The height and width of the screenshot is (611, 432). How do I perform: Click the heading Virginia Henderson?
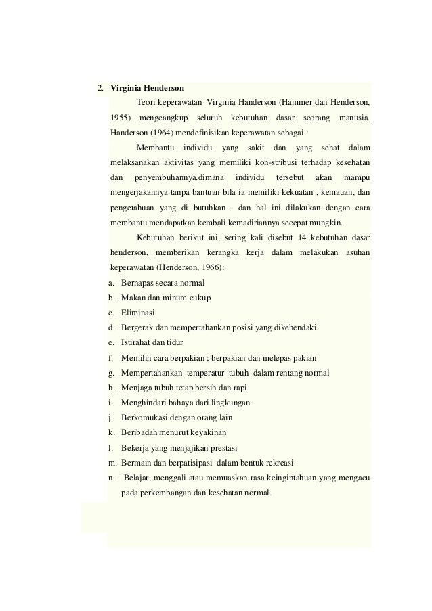[x=146, y=89]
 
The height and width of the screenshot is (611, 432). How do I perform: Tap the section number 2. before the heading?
[x=100, y=89]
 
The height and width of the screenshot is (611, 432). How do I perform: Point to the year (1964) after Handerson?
[x=165, y=133]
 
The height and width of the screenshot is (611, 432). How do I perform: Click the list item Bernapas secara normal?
[x=163, y=282]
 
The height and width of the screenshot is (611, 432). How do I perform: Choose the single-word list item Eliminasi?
[x=137, y=312]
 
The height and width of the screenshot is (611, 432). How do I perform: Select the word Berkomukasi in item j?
[x=144, y=417]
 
